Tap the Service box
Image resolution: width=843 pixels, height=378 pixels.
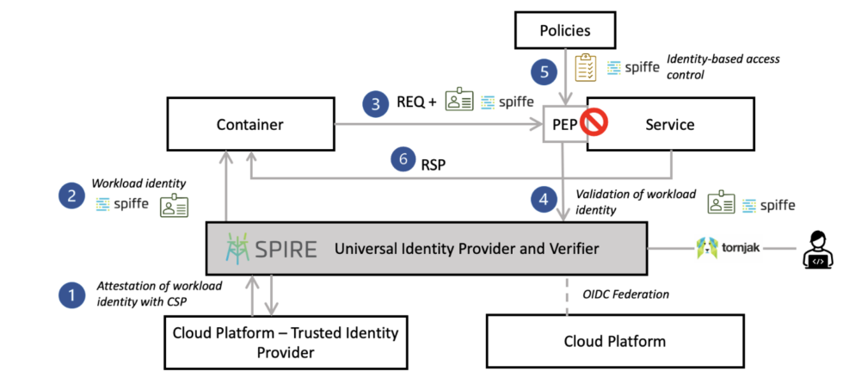(669, 125)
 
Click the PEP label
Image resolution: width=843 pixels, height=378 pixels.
(564, 125)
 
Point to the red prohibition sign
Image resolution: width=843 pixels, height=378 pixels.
(595, 124)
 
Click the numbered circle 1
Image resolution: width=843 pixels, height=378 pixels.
(72, 295)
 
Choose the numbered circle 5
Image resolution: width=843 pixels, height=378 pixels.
(543, 71)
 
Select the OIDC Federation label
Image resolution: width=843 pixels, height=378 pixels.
(626, 294)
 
